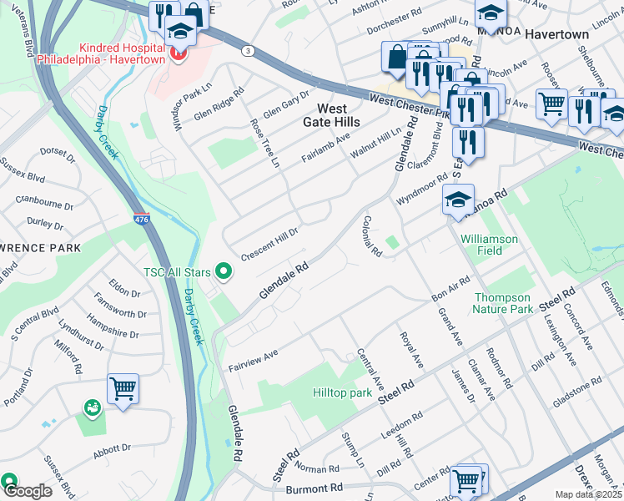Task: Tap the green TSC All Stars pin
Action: [223, 271]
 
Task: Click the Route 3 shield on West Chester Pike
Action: [248, 52]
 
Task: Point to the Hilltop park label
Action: [341, 392]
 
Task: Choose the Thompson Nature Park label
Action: [502, 303]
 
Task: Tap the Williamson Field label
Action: [489, 245]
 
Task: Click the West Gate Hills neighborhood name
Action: [332, 115]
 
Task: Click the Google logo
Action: [27, 491]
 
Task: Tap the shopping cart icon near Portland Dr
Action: [123, 387]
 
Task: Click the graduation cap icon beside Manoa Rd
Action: [458, 200]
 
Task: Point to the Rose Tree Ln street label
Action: [263, 142]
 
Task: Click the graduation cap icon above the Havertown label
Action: [491, 13]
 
